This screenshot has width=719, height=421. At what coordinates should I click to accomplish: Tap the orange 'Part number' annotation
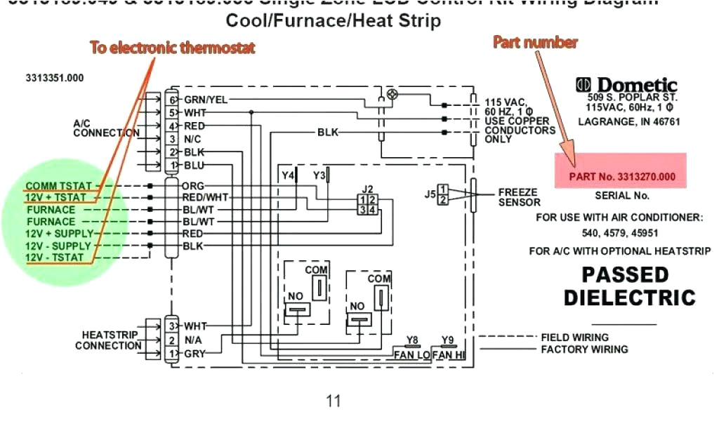pos(535,42)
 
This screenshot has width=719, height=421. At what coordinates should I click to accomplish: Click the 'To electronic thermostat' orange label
pos(172,48)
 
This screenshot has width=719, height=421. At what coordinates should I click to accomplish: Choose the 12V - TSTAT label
pos(55,258)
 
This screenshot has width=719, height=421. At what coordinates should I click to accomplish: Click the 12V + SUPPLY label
pos(60,234)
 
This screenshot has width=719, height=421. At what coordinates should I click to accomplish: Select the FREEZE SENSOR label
pos(519,197)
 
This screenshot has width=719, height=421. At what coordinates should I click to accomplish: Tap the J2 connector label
pos(367,189)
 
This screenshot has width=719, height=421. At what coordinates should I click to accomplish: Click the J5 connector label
pos(429,194)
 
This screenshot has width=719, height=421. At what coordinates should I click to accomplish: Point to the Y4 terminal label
pos(288,175)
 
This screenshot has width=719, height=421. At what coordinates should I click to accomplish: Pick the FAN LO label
pos(412,355)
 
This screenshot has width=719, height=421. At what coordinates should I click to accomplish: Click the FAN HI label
pos(448,355)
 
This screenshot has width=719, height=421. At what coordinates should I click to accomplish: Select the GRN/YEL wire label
pos(206,100)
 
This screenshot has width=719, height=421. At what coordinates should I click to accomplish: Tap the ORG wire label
pos(193,187)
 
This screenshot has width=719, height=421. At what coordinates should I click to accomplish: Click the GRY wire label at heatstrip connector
pos(194,354)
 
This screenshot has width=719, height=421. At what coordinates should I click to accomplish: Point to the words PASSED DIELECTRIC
pos(629,285)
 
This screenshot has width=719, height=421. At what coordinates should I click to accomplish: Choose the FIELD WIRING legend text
pos(574,338)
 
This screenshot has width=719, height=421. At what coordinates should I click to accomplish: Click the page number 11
pos(334,401)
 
